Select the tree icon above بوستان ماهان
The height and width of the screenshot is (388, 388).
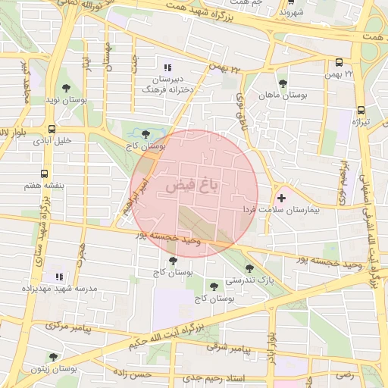(283, 83)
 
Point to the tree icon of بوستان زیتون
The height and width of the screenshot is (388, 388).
(52, 356)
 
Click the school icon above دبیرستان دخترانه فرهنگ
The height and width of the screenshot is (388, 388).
(166, 67)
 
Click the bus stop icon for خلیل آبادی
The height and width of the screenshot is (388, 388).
(52, 129)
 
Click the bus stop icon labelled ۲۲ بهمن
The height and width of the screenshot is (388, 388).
(338, 63)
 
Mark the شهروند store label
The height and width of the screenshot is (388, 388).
(291, 13)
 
